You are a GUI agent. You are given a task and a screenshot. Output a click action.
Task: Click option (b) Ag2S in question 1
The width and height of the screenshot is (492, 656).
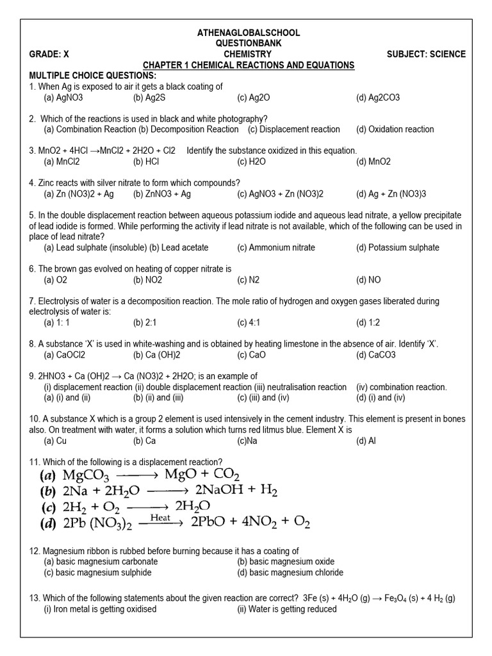point(147,98)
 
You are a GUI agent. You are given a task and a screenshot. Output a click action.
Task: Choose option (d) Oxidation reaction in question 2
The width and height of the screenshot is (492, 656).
point(395,129)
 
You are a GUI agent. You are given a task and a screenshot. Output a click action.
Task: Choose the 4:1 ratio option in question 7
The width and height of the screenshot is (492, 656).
point(250,323)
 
